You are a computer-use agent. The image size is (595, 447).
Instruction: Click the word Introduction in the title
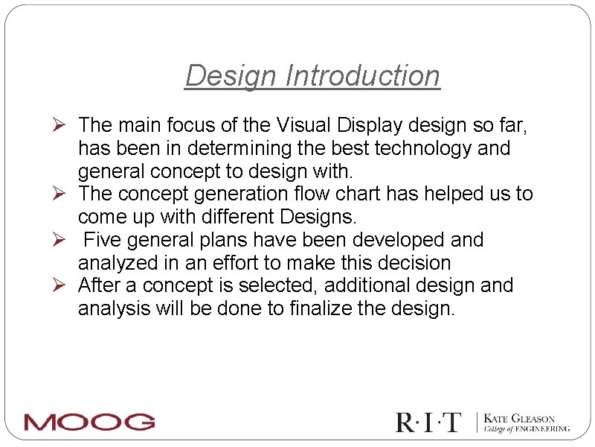click(363, 76)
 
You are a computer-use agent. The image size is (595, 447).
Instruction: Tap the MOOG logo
click(89, 422)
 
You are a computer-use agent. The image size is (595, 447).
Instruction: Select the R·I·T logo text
click(428, 422)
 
